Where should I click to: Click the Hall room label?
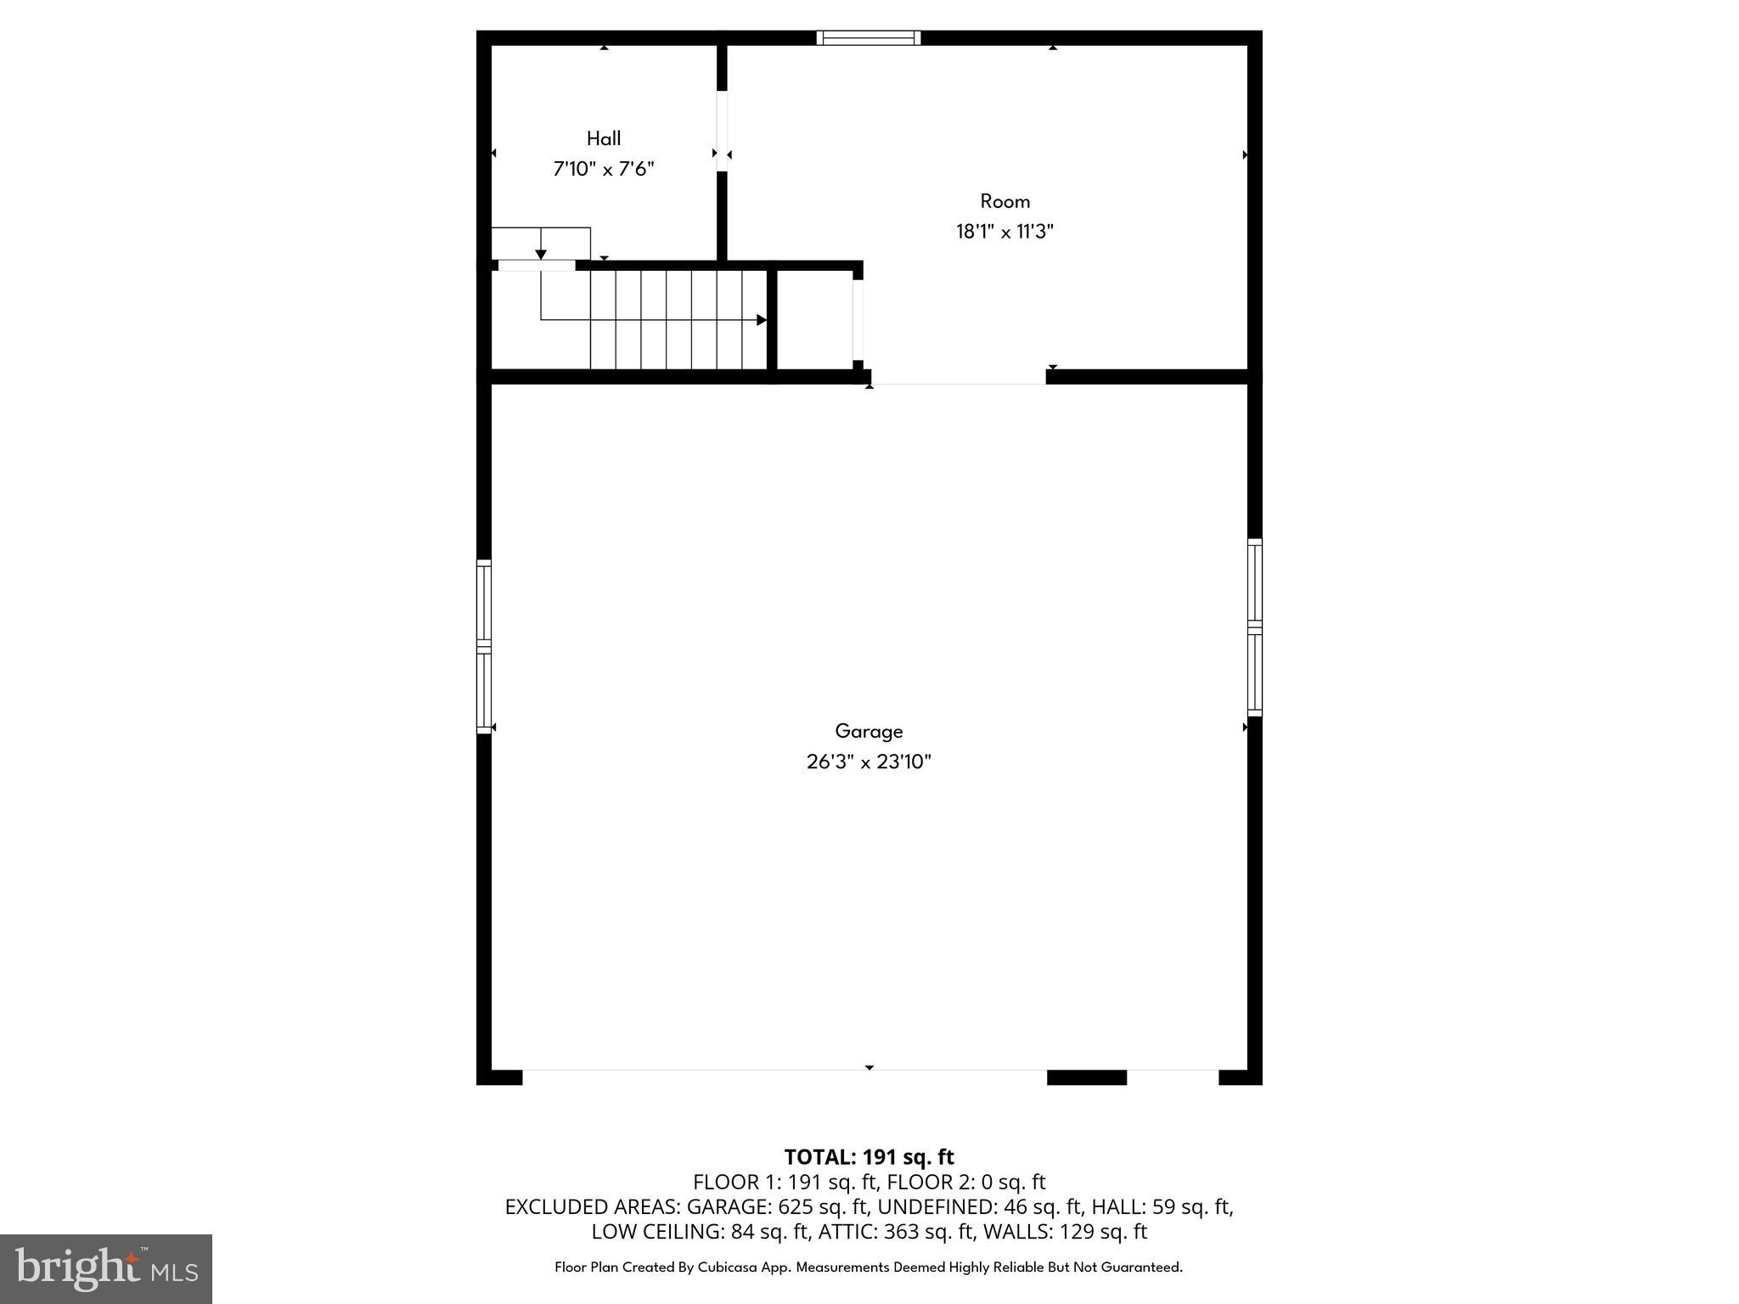604,138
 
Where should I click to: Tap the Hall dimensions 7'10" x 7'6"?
604,169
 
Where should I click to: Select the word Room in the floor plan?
1005,201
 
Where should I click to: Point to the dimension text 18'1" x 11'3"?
1005,232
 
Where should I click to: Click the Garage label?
869,731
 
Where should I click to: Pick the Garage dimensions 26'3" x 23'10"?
869,762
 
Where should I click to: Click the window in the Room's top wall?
869,37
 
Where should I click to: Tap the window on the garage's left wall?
484,646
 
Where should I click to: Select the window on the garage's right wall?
1254,627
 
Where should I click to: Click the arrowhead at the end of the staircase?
762,320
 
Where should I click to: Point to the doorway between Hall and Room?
722,131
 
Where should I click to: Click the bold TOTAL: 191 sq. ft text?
869,1157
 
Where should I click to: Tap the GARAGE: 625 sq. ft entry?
777,1206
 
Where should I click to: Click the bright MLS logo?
106,1268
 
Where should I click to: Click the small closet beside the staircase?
815,320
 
